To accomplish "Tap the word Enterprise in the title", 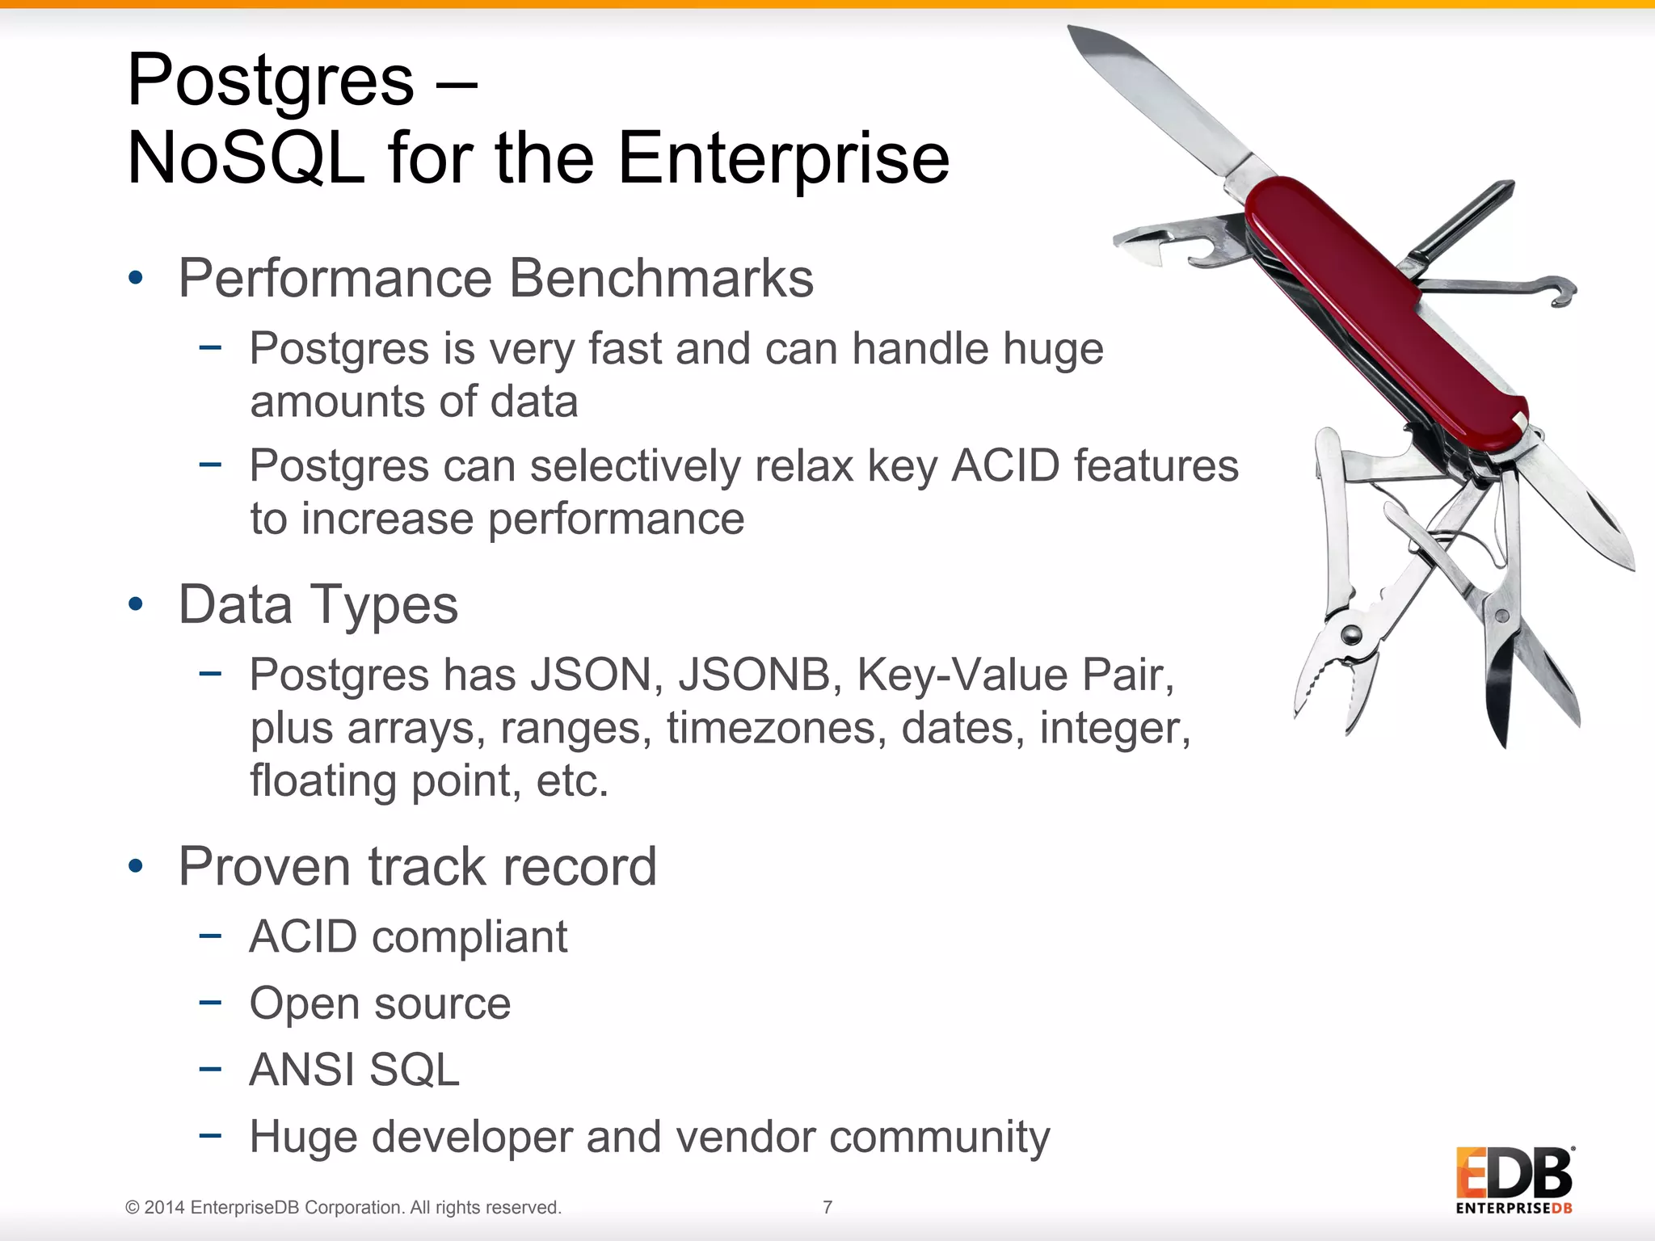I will pos(783,158).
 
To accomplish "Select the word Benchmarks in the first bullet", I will pos(661,279).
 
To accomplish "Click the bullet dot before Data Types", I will pos(136,604).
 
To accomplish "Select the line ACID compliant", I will pos(408,937).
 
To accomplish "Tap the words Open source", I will pos(380,1004).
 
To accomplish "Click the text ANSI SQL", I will pos(354,1071).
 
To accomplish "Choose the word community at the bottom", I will pos(939,1138).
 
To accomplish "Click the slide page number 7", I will pos(827,1207).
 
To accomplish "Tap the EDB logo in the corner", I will pos(1514,1180).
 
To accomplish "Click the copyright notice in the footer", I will pos(343,1207).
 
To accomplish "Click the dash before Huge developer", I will pos(210,1135).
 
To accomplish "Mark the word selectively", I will pos(634,467).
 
